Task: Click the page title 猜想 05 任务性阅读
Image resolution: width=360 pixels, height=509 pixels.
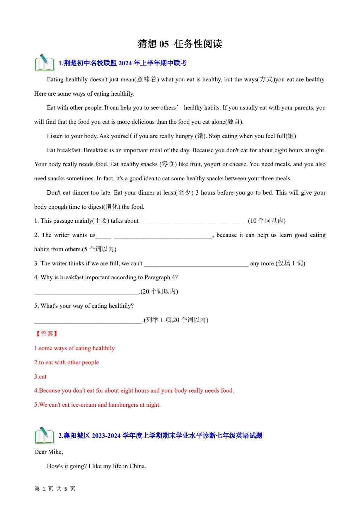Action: point(180,44)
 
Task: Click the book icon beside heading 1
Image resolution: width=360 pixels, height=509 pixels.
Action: point(44,63)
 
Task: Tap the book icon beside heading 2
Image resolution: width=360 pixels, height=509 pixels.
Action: point(44,435)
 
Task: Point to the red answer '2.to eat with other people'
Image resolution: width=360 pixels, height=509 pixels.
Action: point(67,362)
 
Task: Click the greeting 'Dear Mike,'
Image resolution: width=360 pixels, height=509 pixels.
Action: point(49,452)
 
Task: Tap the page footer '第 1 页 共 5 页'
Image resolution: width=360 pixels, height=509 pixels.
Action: point(55,489)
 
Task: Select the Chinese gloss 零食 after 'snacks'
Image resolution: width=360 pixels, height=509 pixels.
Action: point(168,164)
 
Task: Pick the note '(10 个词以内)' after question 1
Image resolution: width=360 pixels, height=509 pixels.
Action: point(267,221)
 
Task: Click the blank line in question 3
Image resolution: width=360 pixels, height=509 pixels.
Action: point(196,263)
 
